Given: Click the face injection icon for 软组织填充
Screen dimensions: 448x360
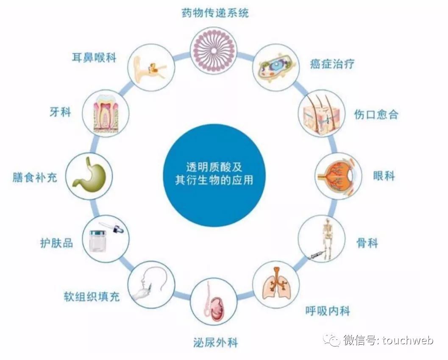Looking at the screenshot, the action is click(x=150, y=283).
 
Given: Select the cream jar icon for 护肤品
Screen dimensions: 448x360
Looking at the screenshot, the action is click(x=105, y=238).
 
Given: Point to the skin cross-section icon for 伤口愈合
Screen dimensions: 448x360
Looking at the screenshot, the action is click(x=322, y=112).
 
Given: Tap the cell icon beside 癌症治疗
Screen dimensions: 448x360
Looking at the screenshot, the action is click(x=275, y=67).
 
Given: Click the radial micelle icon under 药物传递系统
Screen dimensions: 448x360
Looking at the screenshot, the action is click(x=213, y=51).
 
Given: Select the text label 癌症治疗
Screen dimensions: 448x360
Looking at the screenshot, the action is click(x=332, y=64).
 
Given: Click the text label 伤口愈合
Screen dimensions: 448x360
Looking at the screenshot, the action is click(x=376, y=114).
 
